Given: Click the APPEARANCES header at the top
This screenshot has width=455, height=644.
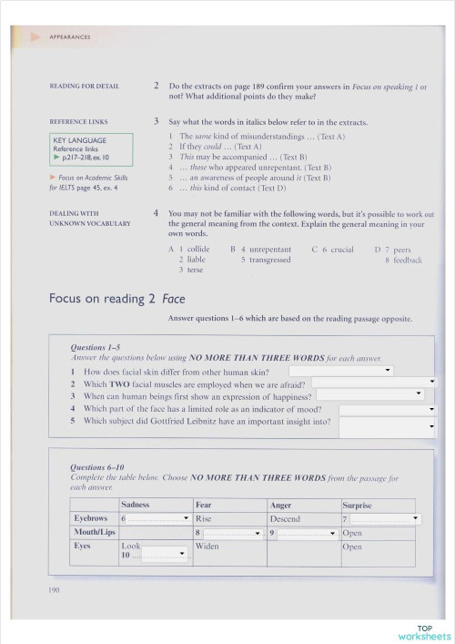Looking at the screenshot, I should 69,37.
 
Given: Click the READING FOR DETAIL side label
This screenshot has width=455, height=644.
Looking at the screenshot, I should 85,86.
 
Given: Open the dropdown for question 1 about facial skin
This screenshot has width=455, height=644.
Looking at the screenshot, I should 341,371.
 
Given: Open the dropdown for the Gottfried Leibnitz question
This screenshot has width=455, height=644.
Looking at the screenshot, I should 388,423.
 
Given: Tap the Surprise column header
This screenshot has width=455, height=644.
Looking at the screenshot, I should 357,505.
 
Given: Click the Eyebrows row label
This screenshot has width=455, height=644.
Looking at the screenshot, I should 91,518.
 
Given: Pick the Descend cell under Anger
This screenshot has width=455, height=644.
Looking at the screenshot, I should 285,518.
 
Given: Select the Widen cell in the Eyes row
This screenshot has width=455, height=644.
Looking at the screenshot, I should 207,547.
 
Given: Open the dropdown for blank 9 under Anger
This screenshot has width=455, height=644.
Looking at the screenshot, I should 306,533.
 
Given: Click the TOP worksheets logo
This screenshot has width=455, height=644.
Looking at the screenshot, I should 424,631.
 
